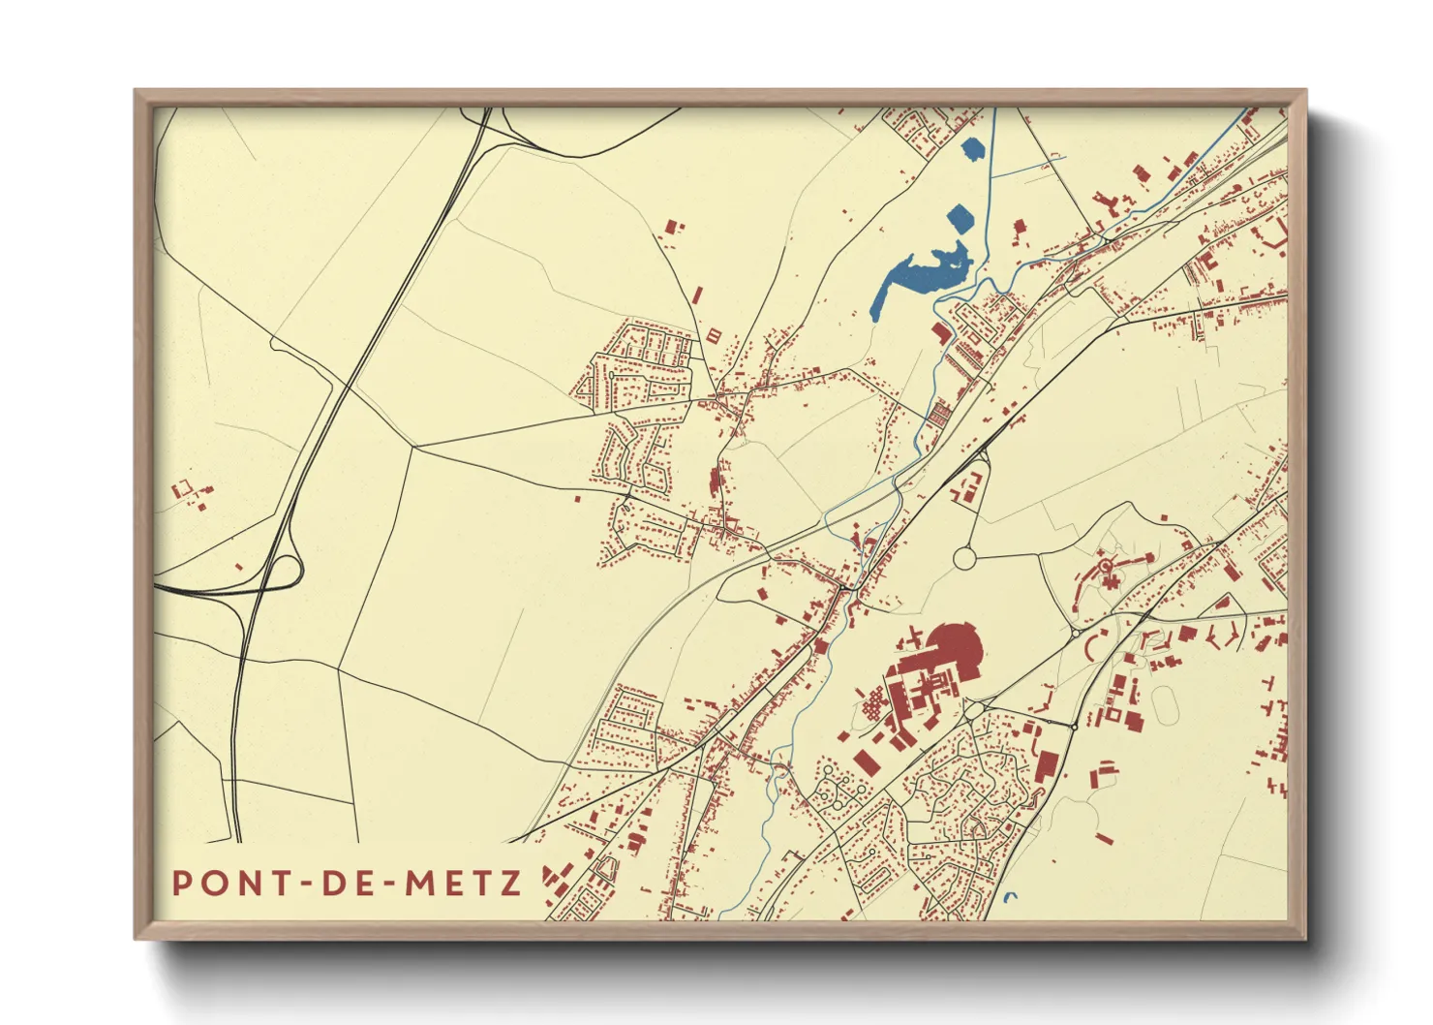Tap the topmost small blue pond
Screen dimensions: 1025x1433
[x=973, y=150]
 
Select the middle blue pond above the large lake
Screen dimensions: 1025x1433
[x=959, y=218]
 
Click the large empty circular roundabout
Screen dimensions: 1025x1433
[x=965, y=558]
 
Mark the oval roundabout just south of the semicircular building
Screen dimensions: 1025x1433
[x=973, y=709]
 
